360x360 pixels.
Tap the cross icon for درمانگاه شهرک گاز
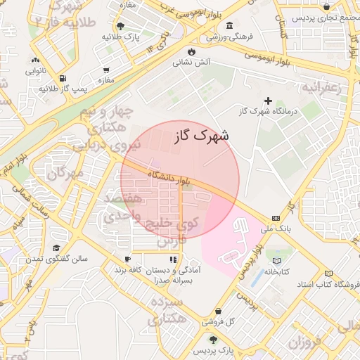[x=268, y=101]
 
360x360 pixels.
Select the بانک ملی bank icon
[x=275, y=218]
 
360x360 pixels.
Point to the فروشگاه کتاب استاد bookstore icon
[x=328, y=274]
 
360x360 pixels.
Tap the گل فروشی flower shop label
[x=219, y=322]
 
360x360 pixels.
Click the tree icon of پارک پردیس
[x=213, y=340]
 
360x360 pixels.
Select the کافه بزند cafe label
[x=129, y=270]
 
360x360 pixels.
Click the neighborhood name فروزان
[x=304, y=342]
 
